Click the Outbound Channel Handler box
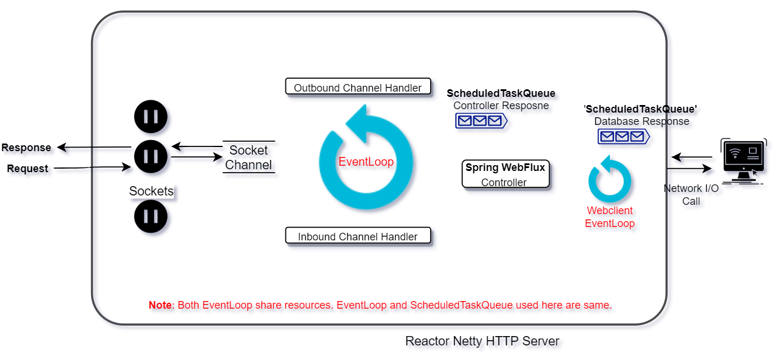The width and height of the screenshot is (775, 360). coord(358,87)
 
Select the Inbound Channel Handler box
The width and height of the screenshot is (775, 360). coord(358,236)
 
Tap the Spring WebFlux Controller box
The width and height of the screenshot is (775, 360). coord(505,174)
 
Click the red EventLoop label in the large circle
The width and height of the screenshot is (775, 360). coord(366,162)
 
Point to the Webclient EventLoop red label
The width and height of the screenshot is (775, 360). coord(609,217)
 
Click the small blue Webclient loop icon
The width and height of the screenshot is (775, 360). coord(609,181)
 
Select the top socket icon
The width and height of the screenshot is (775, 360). coord(151,116)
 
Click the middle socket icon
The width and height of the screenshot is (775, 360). coord(151,156)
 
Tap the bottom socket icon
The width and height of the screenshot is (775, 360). coord(151,216)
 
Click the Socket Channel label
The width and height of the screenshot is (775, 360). coord(249,158)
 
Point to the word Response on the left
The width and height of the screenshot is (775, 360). coord(26,148)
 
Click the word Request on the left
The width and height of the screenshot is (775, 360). coord(27,169)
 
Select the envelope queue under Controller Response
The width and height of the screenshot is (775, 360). coord(481,121)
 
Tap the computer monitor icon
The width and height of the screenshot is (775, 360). coord(743,160)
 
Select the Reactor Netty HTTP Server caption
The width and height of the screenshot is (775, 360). coord(482,341)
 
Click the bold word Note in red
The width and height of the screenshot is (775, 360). coord(160,305)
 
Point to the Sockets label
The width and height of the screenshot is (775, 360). coord(151,191)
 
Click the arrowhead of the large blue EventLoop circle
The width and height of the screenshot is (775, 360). coord(361,124)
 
